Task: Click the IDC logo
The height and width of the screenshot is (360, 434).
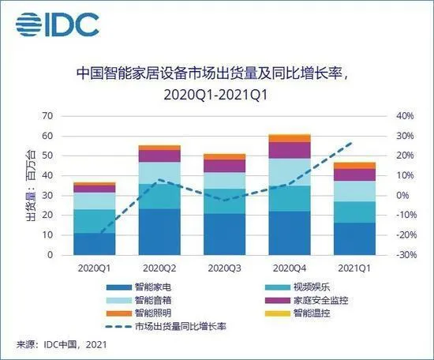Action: pyautogui.click(x=56, y=24)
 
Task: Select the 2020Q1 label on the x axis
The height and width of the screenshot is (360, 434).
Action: pyautogui.click(x=95, y=268)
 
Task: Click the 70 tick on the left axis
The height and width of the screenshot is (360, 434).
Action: pyautogui.click(x=47, y=116)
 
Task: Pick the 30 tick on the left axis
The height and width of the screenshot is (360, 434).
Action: pyautogui.click(x=47, y=196)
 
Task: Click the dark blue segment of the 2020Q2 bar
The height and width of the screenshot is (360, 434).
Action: pyautogui.click(x=159, y=232)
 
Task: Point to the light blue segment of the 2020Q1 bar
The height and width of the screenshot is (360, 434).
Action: pyautogui.click(x=95, y=201)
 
